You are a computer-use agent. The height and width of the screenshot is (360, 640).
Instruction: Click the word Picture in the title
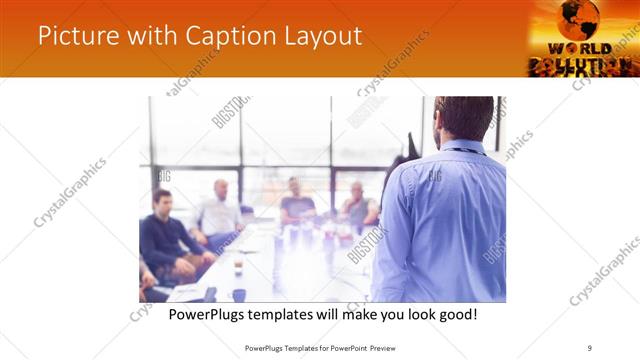pyautogui.click(x=73, y=36)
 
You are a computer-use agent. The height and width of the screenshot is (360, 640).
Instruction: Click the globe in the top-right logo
pyautogui.click(x=579, y=19)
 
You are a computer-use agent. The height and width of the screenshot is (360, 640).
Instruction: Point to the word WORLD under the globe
pyautogui.click(x=580, y=48)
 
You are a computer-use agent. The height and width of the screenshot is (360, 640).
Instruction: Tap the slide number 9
pyautogui.click(x=590, y=347)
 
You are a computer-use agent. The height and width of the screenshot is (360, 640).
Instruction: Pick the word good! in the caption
pyautogui.click(x=454, y=314)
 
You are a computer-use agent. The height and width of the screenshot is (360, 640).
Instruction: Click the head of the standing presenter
pyautogui.click(x=464, y=118)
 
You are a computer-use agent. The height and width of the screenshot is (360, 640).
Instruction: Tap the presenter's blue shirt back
pyautogui.click(x=444, y=220)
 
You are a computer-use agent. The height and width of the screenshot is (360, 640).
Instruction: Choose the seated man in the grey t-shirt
pyautogui.click(x=297, y=204)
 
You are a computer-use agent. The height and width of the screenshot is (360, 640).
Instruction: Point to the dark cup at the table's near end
pyautogui.click(x=239, y=294)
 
